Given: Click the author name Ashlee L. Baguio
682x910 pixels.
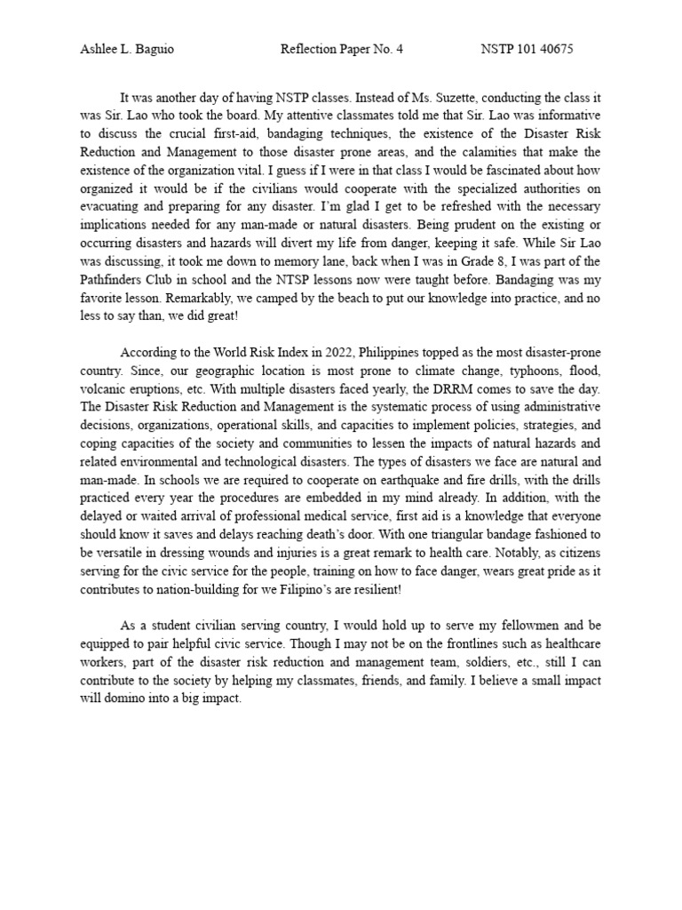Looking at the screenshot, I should (127, 49).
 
